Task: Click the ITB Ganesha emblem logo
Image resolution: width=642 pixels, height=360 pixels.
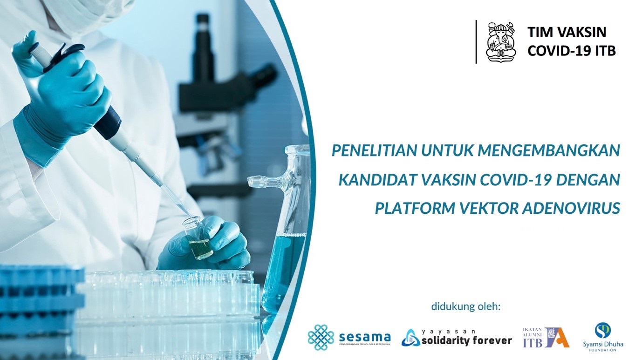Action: tap(501, 42)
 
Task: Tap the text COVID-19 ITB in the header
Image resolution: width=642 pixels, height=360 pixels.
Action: tap(571, 50)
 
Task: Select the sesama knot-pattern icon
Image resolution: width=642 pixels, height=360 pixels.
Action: tap(321, 337)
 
